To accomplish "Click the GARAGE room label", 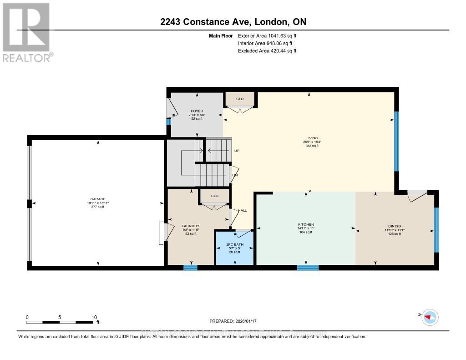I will tap(97, 199).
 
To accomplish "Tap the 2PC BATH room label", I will tap(235, 245).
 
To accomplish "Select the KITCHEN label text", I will tap(305, 224).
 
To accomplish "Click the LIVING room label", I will tap(312, 138).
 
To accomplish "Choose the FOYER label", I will tap(197, 111).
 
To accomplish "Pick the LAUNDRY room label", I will tap(191, 226).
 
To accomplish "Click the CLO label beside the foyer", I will tap(240, 98).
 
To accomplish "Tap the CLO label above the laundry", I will tap(215, 196).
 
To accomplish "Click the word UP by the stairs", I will tap(236, 151).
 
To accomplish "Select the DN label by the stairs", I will tap(235, 175).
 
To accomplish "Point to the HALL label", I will tap(243, 210).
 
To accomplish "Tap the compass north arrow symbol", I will tap(429, 317).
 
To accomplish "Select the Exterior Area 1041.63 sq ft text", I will tap(267, 35).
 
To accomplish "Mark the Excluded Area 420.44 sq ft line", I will tap(267, 51).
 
